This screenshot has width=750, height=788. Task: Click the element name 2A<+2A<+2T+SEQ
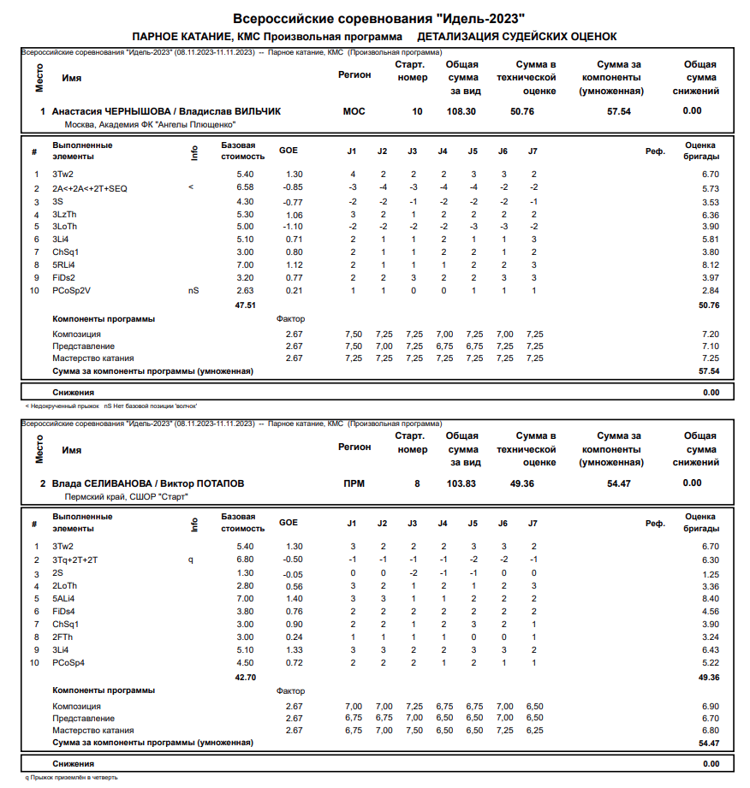(90, 188)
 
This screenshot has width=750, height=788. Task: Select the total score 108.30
(461, 111)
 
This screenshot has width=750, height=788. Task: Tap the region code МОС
(354, 111)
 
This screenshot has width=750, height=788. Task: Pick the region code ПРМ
(354, 483)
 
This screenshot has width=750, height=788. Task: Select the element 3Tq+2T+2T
(75, 560)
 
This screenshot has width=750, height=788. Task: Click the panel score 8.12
(710, 265)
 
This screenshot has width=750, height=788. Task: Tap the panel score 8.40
(710, 599)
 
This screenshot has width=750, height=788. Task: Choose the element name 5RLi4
(64, 265)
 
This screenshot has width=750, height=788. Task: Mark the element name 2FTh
(62, 637)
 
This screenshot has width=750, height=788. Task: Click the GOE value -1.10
(294, 227)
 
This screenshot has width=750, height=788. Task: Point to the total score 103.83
(461, 483)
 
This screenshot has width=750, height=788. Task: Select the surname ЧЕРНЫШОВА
(138, 111)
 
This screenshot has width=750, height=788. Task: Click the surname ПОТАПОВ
(217, 483)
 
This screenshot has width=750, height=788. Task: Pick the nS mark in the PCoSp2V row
(193, 291)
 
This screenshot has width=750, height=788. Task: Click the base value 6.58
(245, 188)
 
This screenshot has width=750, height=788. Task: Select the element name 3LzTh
(64, 214)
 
